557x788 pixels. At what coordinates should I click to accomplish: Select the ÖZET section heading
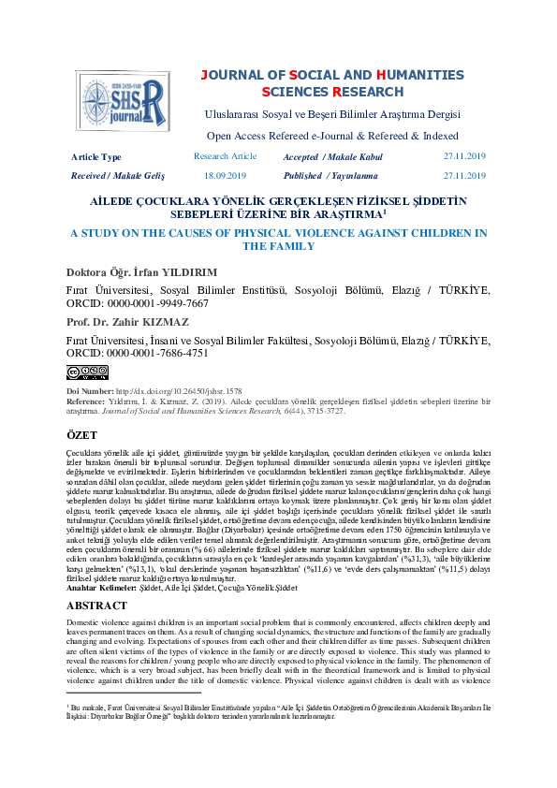click(x=82, y=435)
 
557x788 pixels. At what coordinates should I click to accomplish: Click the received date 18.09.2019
click(x=225, y=175)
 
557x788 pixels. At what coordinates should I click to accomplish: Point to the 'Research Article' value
click(x=225, y=156)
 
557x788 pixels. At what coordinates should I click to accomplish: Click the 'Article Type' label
click(x=96, y=157)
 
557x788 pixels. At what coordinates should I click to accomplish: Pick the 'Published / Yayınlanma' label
click(x=330, y=175)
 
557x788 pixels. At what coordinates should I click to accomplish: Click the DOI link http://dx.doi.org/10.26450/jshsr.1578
click(x=178, y=390)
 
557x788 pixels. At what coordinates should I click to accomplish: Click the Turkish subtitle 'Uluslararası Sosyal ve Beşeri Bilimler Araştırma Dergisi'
click(x=332, y=114)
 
